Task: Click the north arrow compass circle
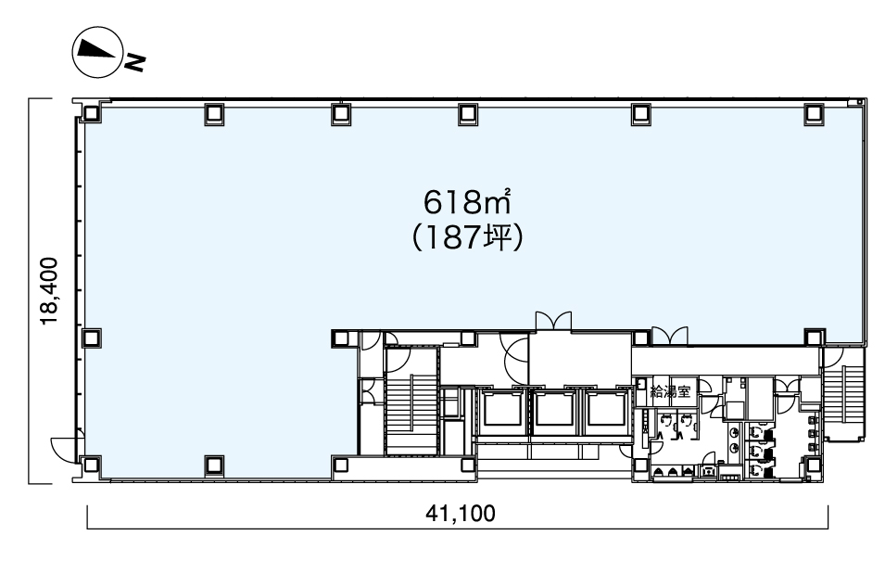pos(96,53)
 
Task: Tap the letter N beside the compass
pos(135,62)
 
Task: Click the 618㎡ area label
pos(467,202)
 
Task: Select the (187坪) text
pos(467,238)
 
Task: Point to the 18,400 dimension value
pos(49,291)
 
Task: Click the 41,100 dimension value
pos(461,513)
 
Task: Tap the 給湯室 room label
pos(670,391)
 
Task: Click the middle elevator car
pos(554,410)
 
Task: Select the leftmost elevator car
pos(501,410)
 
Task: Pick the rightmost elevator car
pos(606,410)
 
